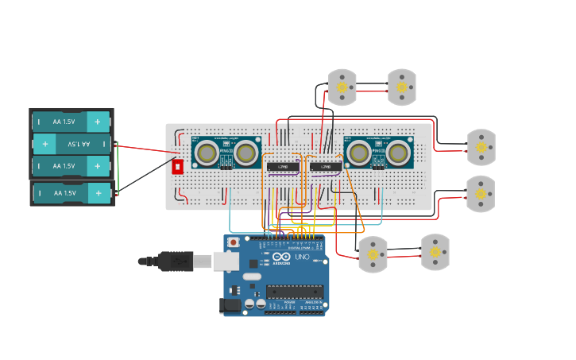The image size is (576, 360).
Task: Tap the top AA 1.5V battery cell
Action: click(x=71, y=122)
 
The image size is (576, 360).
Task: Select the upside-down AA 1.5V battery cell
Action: click(x=71, y=144)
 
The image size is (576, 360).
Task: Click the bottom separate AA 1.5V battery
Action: click(x=71, y=193)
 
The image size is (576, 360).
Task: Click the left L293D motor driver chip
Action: click(x=282, y=166)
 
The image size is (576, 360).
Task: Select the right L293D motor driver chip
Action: click(x=326, y=166)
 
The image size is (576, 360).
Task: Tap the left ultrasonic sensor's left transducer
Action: click(x=207, y=153)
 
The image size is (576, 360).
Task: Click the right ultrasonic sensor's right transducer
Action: click(x=399, y=152)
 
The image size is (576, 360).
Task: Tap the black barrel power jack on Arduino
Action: click(x=230, y=304)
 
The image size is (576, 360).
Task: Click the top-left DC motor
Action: click(x=342, y=87)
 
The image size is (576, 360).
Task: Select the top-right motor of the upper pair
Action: click(x=401, y=87)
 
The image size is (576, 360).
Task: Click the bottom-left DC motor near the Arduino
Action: click(x=373, y=254)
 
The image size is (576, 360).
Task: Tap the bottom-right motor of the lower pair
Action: click(x=435, y=252)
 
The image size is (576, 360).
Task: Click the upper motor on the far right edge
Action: click(x=481, y=147)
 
